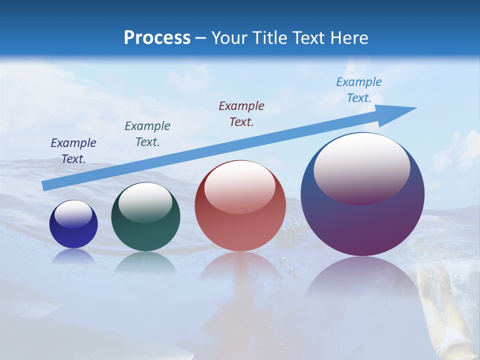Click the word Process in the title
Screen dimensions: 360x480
point(157,38)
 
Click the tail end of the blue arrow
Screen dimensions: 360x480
point(46,185)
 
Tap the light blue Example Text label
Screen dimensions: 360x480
point(359,90)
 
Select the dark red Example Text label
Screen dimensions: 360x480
point(241,114)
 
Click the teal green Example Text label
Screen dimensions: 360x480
point(147,134)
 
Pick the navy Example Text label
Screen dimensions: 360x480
point(73,151)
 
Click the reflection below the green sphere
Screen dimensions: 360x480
point(145,262)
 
